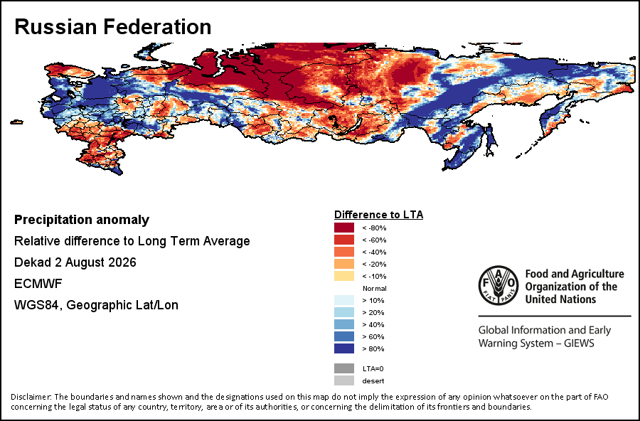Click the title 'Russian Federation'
coord(112,27)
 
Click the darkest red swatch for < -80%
coord(344,228)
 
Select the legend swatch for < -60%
coord(344,240)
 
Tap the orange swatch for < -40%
coord(344,252)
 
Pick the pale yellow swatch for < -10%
coord(344,276)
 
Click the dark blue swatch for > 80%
coord(344,348)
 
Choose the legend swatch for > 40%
coord(344,324)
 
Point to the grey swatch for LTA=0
coord(344,368)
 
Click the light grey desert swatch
coord(344,380)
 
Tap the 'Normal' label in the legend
coord(374,288)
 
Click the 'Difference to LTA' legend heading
coord(378,215)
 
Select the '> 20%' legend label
coord(373,313)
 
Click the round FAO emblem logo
coord(498,285)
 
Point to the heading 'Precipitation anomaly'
coord(82,220)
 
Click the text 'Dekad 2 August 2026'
coord(75,262)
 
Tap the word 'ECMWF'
coord(38,283)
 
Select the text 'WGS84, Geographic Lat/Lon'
coord(96,305)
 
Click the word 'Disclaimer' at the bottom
coord(31,397)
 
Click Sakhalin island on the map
coord(491,141)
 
